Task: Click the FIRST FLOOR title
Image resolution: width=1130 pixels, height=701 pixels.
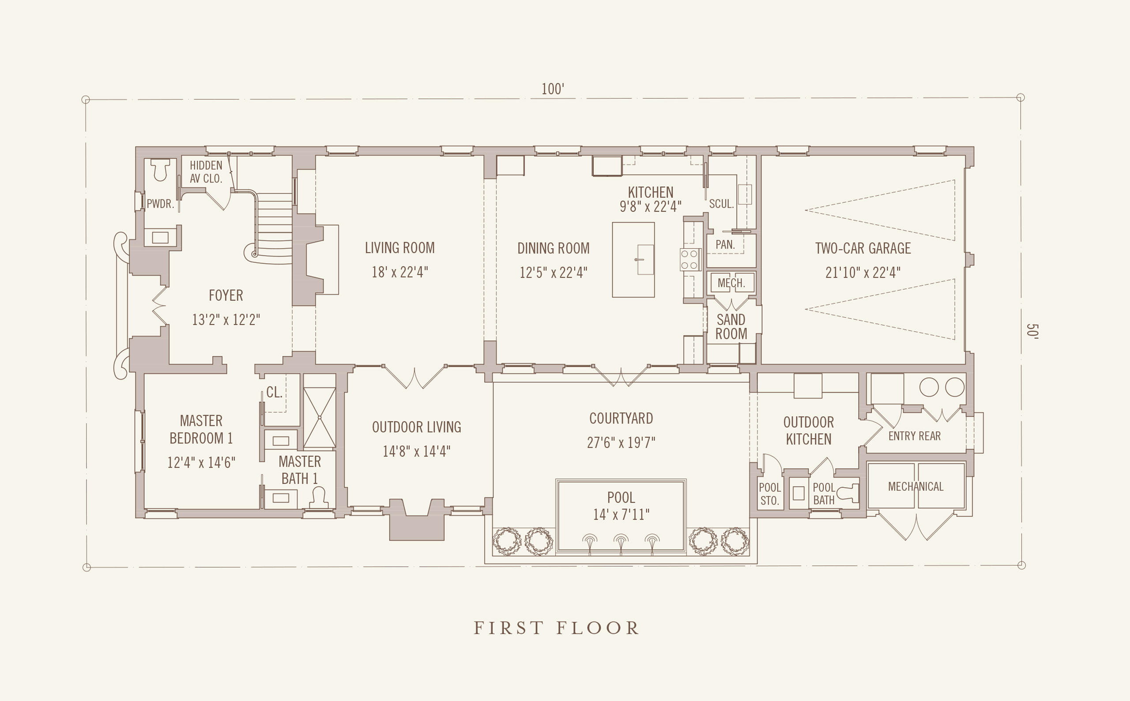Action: (x=557, y=628)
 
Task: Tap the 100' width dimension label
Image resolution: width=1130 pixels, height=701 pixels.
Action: (x=553, y=89)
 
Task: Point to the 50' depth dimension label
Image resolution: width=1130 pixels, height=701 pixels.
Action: (x=1032, y=331)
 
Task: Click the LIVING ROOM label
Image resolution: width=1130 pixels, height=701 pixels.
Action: (x=400, y=248)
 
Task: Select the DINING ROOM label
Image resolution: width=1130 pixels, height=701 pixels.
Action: (x=554, y=249)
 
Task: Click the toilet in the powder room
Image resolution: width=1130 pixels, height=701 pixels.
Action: (x=160, y=169)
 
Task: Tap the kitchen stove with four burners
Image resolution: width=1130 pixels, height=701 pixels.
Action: (x=690, y=260)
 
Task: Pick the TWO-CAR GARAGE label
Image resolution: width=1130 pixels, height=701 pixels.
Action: (x=863, y=249)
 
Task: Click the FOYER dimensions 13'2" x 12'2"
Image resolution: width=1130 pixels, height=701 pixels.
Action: (x=226, y=319)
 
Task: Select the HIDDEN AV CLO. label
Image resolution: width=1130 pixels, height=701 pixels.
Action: (x=206, y=172)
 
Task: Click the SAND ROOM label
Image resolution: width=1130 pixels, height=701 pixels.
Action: (x=731, y=326)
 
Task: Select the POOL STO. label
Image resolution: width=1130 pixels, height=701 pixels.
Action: (x=770, y=494)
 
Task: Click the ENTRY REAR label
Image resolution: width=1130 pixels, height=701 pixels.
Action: (x=915, y=436)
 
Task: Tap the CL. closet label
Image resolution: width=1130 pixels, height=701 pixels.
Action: (x=274, y=393)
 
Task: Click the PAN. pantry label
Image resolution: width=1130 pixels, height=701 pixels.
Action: (x=725, y=245)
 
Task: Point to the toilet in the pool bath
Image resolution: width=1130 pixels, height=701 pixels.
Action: (x=848, y=493)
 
